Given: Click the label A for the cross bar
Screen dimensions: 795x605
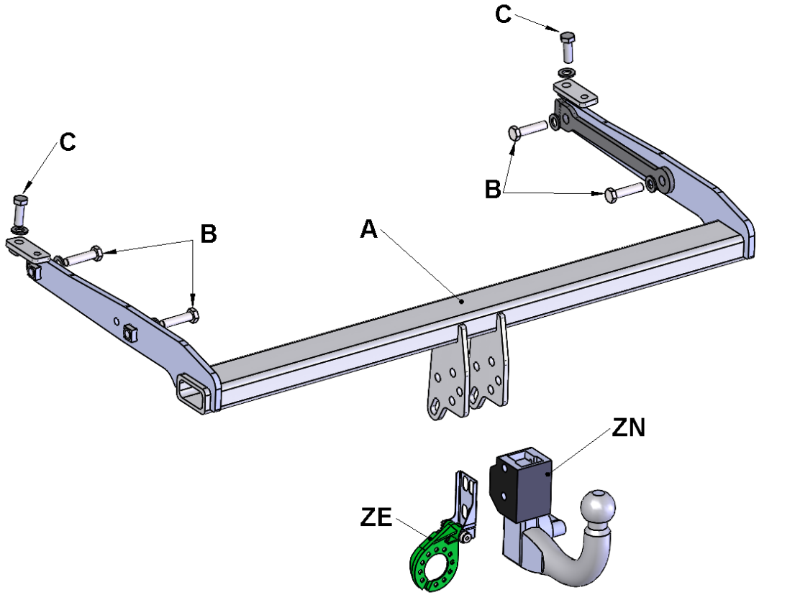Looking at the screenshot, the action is click(x=369, y=229).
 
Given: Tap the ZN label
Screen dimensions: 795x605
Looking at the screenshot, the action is click(x=629, y=428).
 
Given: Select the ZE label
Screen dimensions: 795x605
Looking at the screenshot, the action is click(x=376, y=517).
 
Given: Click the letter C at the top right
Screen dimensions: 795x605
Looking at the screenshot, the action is click(x=504, y=14).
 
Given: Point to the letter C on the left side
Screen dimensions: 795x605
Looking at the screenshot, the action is click(x=68, y=142).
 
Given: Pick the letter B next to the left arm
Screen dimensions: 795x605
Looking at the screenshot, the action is click(x=209, y=234).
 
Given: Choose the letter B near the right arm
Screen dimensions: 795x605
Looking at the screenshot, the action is click(x=493, y=190).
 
